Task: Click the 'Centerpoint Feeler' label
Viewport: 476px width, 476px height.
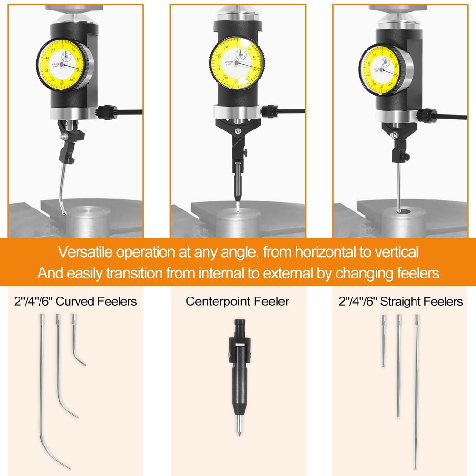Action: [237, 301]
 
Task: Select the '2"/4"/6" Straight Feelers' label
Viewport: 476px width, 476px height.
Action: [400, 301]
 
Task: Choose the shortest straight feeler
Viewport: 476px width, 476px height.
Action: [383, 340]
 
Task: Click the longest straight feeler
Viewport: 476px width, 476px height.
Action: [416, 390]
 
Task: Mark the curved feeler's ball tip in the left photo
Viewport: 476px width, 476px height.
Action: [64, 213]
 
